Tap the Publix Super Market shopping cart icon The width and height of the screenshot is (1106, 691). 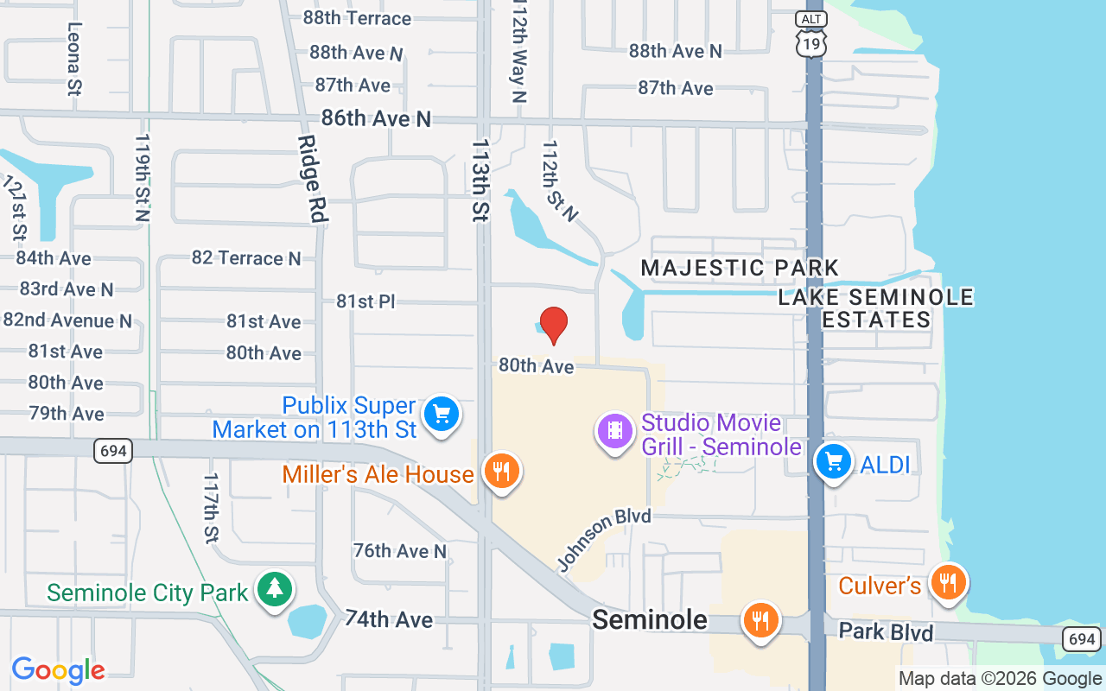(442, 415)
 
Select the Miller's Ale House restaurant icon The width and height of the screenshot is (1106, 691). (500, 472)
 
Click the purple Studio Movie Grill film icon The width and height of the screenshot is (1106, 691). (615, 429)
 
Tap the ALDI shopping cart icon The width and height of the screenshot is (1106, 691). (834, 461)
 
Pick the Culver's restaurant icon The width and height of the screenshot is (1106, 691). (948, 582)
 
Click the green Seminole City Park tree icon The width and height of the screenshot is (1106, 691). (275, 589)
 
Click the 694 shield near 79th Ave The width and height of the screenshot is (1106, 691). (113, 451)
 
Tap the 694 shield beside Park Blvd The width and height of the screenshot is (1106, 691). (1082, 639)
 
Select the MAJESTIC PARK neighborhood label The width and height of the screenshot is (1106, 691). (740, 268)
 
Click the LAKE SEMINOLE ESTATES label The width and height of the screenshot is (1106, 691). (876, 308)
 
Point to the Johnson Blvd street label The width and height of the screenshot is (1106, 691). (603, 539)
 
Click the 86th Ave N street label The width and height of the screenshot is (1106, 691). (375, 118)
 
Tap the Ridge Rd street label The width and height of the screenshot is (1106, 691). (312, 180)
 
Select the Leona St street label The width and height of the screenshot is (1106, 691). (74, 58)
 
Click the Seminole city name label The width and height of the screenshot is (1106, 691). (649, 619)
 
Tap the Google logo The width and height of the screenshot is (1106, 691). (59, 670)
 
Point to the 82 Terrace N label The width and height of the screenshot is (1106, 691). (246, 258)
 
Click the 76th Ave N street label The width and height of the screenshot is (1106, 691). (400, 550)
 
